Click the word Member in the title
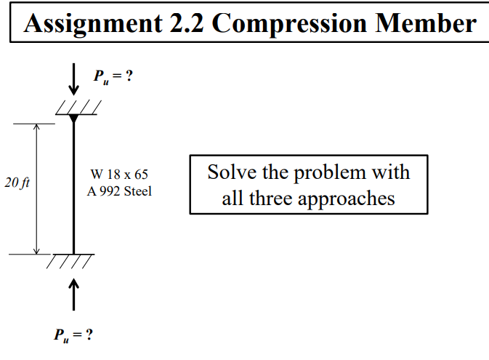coord(424,23)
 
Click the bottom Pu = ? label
coord(73,335)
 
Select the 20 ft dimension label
coord(16,183)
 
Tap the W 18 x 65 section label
coord(119,175)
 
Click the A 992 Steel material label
coord(119,192)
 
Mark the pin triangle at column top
coord(73,119)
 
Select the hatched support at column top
coord(76,110)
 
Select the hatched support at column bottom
coord(72,260)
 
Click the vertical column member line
coord(73,189)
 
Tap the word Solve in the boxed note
coord(229,173)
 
